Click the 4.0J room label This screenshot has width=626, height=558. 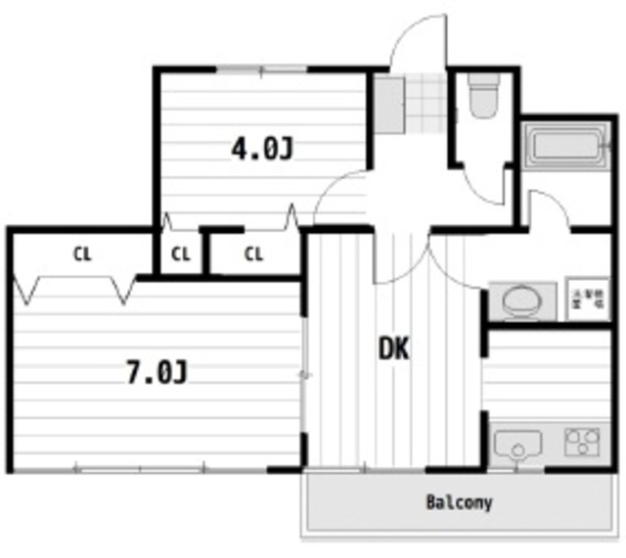261,149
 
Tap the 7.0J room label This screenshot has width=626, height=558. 156,372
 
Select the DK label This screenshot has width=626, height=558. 393,348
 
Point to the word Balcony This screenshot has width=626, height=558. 459,503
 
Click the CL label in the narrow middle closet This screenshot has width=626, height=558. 180,255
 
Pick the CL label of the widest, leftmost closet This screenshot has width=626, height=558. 81,255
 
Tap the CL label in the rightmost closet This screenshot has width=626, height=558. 254,255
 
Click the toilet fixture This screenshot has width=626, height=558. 482,98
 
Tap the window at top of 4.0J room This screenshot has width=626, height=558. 261,70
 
